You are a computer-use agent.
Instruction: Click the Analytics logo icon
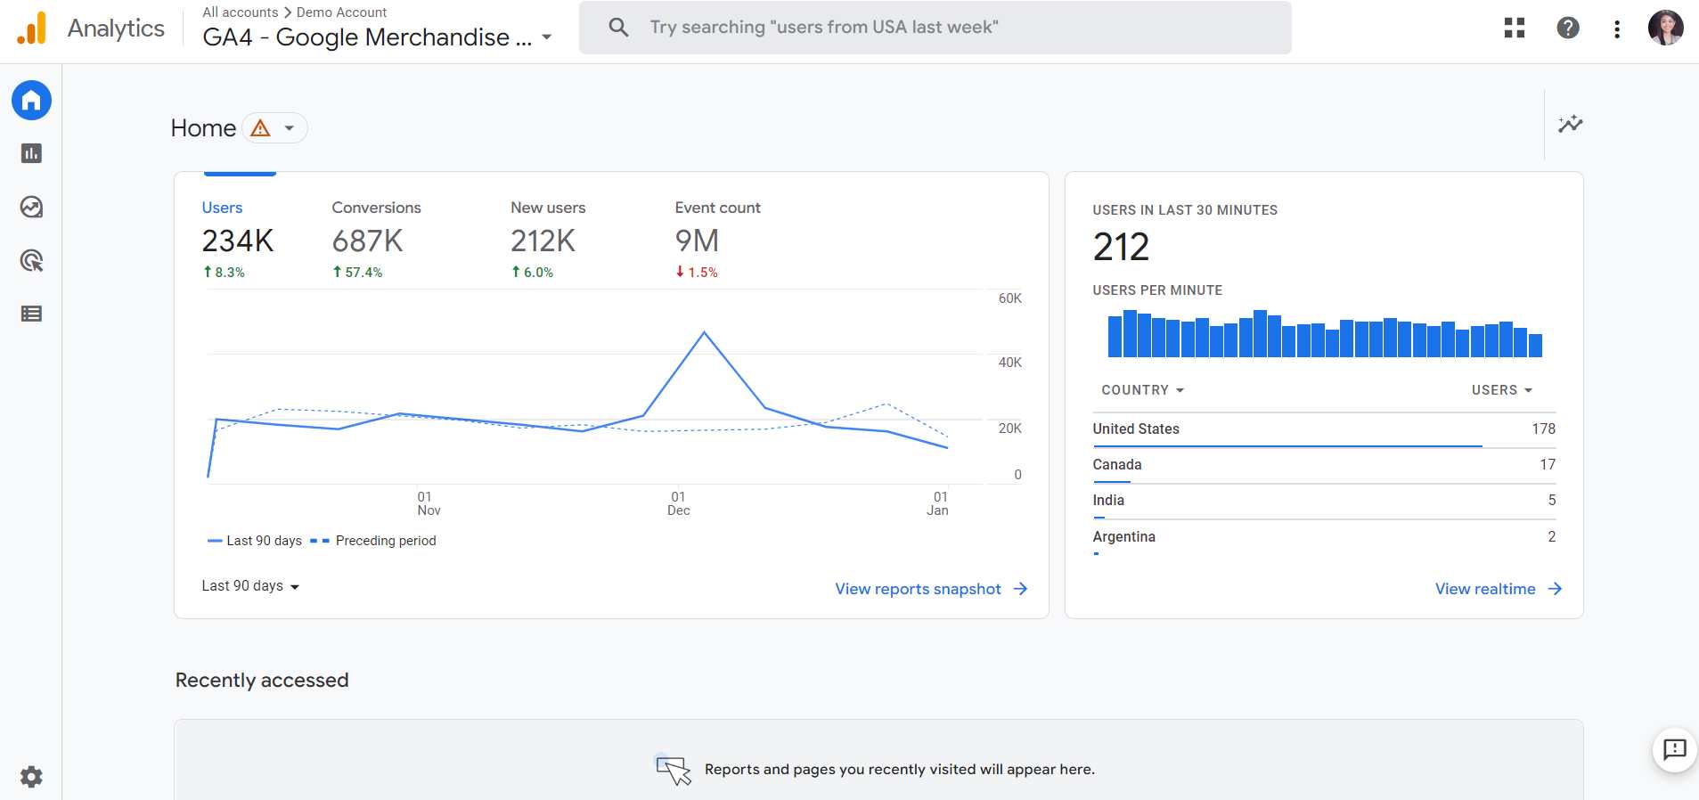[31, 29]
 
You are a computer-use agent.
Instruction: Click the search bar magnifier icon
[618, 28]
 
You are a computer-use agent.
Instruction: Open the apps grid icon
[1515, 29]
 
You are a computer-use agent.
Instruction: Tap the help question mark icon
[1568, 29]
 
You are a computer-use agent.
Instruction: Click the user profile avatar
[1665, 29]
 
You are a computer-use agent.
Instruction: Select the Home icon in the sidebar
[31, 101]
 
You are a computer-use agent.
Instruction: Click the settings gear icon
[31, 777]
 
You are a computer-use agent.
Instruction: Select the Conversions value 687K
[367, 241]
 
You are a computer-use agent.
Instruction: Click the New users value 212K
[543, 241]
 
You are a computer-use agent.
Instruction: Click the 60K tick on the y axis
[1009, 298]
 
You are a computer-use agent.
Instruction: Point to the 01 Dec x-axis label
[679, 503]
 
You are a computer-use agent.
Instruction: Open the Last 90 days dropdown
[250, 586]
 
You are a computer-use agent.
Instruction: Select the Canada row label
[1117, 465]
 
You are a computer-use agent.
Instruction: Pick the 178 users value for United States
[1543, 429]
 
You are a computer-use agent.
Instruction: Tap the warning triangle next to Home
[260, 128]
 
